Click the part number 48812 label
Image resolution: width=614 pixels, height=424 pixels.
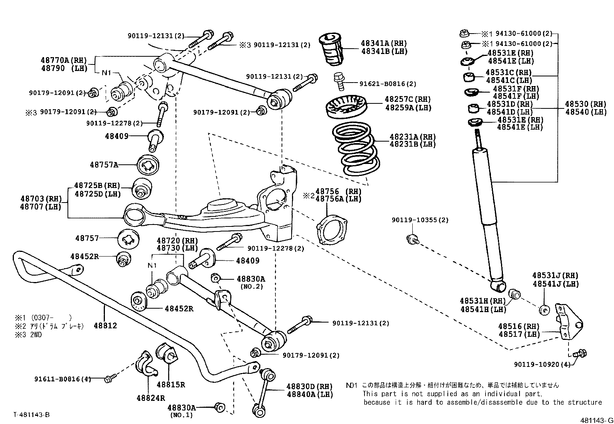coord(105,326)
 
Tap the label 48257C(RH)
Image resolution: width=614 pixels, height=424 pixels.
coord(408,100)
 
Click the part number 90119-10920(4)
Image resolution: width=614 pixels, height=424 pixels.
coord(541,364)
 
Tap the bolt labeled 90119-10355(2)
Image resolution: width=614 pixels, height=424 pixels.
coord(412,239)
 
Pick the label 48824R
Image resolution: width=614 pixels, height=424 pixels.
coord(150,398)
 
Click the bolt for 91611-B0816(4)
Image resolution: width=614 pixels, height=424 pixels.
coord(108,380)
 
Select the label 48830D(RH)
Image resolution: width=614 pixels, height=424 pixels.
coord(309,387)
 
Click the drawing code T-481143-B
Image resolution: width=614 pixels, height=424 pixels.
coord(31,415)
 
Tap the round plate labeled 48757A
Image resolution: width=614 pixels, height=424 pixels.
coord(148,165)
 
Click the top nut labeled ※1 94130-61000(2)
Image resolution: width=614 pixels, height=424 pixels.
coord(464,33)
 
